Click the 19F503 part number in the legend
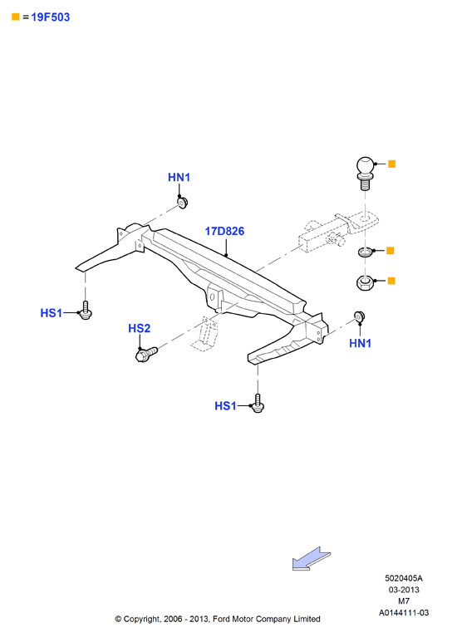[51, 17]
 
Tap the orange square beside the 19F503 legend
[16, 17]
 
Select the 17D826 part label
[224, 231]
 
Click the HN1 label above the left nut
[179, 178]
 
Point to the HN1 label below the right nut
[360, 343]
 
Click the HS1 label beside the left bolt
[52, 313]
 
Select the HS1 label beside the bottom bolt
[225, 406]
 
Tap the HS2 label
[139, 328]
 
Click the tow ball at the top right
[365, 174]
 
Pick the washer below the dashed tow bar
[365, 252]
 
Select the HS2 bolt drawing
[146, 355]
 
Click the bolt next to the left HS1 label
[86, 310]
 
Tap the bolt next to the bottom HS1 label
[258, 404]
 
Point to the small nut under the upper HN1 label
[183, 203]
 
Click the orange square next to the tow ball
[392, 164]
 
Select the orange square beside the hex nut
[391, 281]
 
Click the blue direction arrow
[312, 558]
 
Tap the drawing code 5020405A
[404, 578]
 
